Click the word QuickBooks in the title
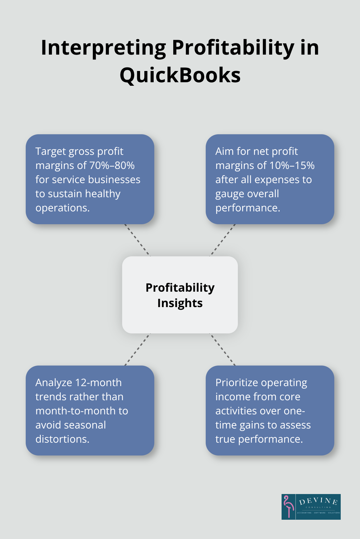pyautogui.click(x=180, y=75)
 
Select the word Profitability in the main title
pyautogui.click(x=233, y=48)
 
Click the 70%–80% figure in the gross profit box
pyautogui.click(x=112, y=165)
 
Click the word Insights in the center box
pyautogui.click(x=180, y=303)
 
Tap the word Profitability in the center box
pyautogui.click(x=180, y=287)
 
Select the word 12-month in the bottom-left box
pyautogui.click(x=98, y=383)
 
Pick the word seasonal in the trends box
pyautogui.click(x=86, y=425)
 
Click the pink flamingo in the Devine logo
pyautogui.click(x=289, y=506)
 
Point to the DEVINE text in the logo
pyautogui.click(x=318, y=501)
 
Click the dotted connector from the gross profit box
pyautogui.click(x=137, y=240)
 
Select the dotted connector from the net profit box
pyautogui.click(x=223, y=240)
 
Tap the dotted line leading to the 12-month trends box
pyautogui.click(x=137, y=349)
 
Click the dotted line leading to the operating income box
pyautogui.click(x=223, y=349)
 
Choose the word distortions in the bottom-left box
pyautogui.click(x=62, y=439)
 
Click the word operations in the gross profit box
pyautogui.click(x=62, y=208)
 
